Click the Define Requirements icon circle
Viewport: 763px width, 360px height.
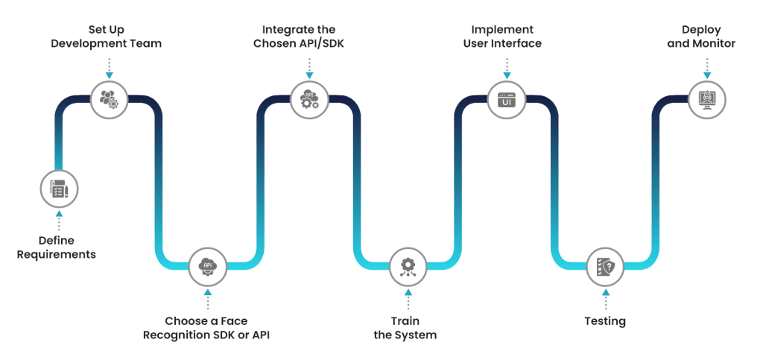(x=59, y=189)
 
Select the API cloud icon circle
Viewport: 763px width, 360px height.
(x=208, y=265)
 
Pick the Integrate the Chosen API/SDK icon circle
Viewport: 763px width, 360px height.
(x=308, y=98)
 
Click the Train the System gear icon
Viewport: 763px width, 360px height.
(x=408, y=265)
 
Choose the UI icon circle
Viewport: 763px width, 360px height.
(x=507, y=98)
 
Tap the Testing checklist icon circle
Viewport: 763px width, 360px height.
(x=604, y=265)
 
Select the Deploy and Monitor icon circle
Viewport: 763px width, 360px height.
(x=706, y=98)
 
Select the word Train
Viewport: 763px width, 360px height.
(x=405, y=321)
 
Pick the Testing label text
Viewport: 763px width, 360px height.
(x=604, y=322)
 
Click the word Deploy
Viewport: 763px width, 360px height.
(x=701, y=29)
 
